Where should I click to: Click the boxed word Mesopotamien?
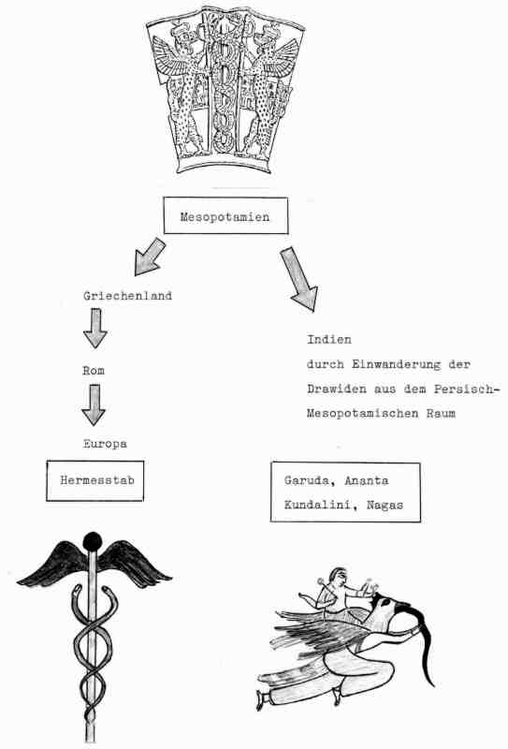tap(225, 217)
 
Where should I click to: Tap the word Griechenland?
tap(127, 296)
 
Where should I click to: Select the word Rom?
tap(94, 371)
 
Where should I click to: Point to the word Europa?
tap(105, 444)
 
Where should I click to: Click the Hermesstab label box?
tap(95, 480)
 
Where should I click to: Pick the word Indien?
tap(329, 340)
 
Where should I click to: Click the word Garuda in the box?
tap(307, 480)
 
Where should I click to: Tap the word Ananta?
tap(366, 480)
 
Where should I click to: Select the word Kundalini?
tap(317, 505)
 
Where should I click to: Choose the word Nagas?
tap(385, 505)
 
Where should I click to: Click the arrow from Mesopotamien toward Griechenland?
tap(150, 257)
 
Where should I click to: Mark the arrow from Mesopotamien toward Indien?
tap(298, 279)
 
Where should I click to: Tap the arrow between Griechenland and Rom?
tap(95, 329)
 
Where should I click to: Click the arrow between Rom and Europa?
tap(94, 405)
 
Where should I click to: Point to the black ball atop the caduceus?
tap(93, 542)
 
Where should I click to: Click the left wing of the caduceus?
tap(51, 565)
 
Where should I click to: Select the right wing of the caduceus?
tap(135, 563)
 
